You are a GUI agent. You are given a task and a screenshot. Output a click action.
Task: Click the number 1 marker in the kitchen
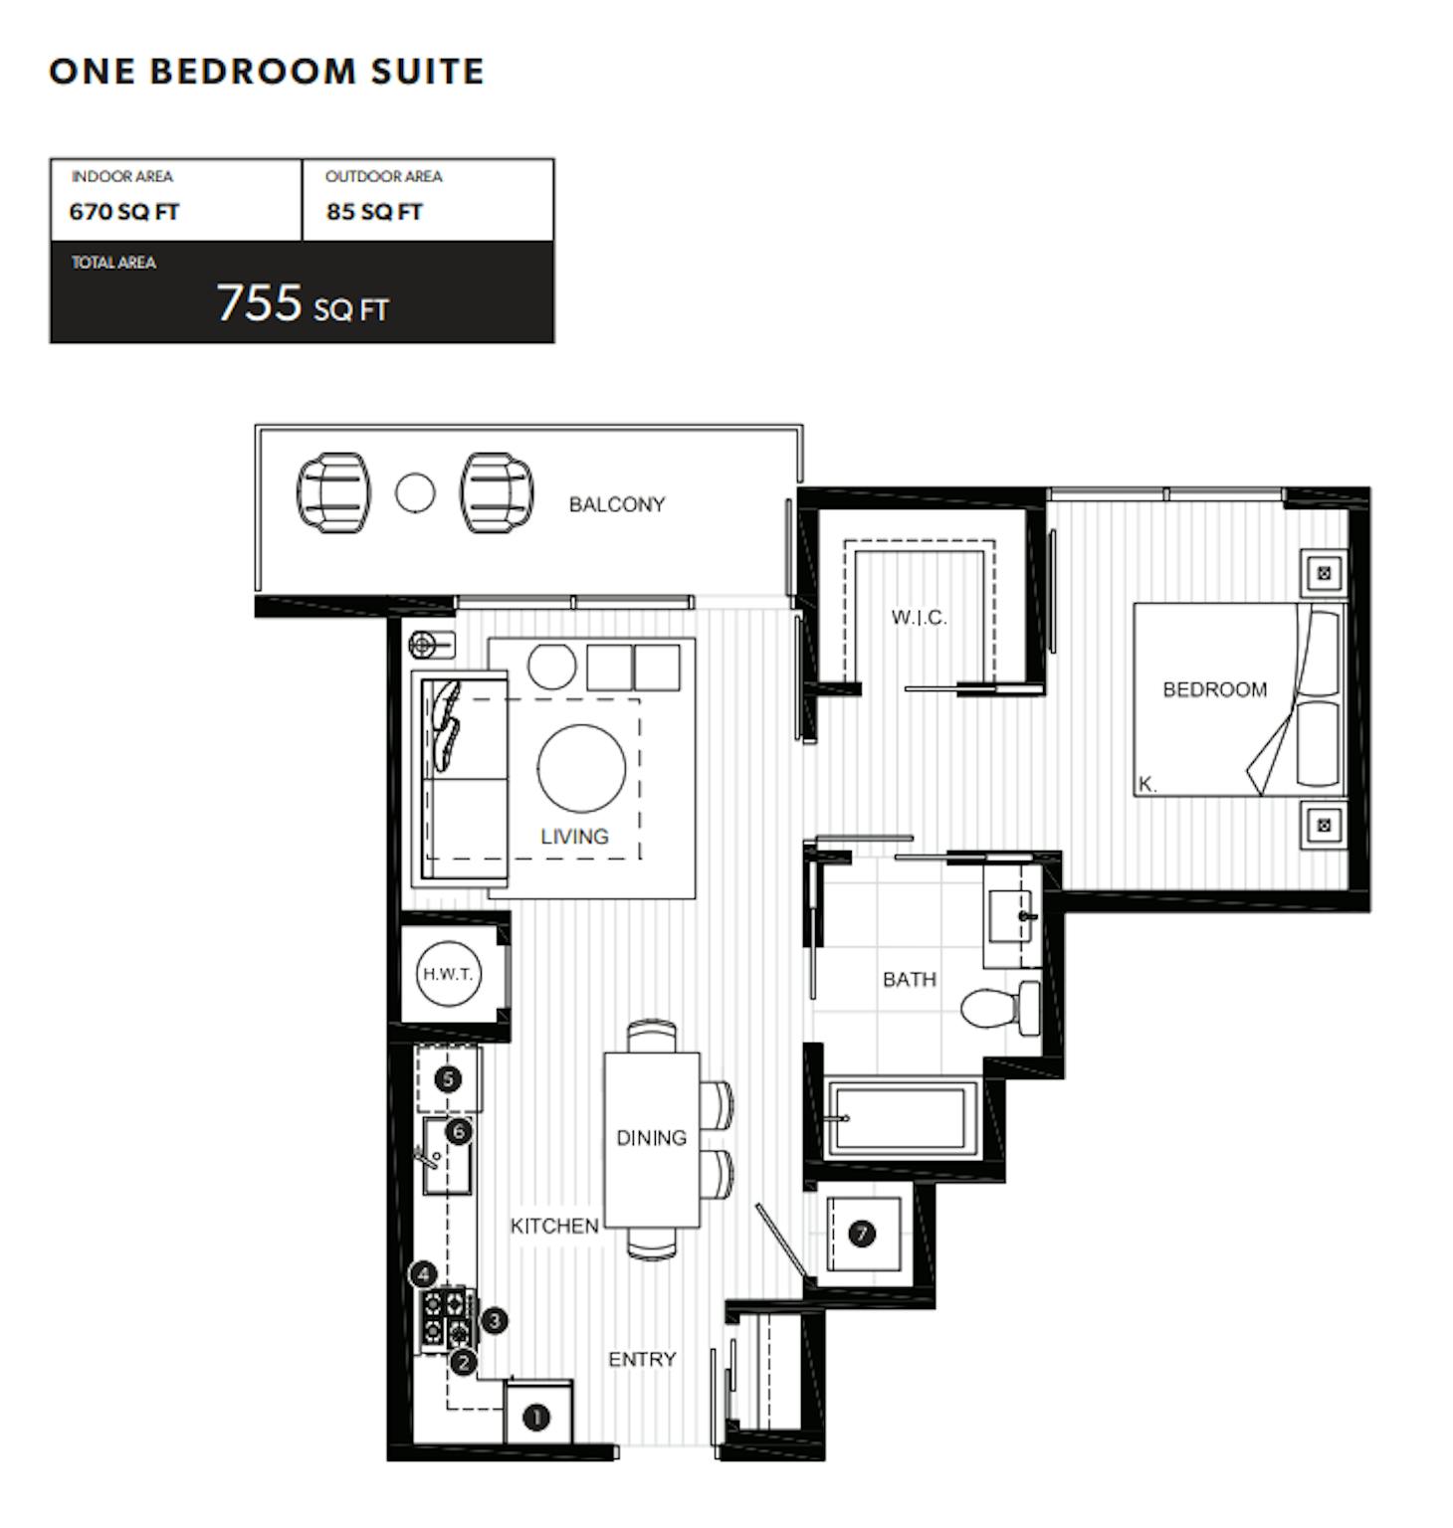[536, 1417]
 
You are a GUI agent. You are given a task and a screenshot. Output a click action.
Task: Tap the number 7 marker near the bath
[862, 1234]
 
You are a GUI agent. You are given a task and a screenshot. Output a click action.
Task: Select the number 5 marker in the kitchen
[448, 1079]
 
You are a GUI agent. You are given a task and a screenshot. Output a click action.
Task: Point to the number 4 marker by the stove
[424, 1274]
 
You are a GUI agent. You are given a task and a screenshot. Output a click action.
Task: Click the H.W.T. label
[448, 974]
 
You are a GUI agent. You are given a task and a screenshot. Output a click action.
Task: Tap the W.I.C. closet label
[919, 618]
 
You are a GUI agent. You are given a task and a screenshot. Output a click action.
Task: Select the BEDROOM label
[1215, 689]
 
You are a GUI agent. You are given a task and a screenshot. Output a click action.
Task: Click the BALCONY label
[617, 504]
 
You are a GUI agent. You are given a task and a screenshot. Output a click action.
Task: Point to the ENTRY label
[642, 1359]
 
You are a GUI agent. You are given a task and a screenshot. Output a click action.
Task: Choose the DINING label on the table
[651, 1137]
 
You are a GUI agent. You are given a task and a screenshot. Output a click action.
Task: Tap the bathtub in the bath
[896, 1118]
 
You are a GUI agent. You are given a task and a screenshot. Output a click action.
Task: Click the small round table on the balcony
[415, 492]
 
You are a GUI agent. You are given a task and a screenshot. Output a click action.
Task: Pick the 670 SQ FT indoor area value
[124, 212]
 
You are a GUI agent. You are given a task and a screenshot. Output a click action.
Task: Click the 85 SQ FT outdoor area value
[374, 212]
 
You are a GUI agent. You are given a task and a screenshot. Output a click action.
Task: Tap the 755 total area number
[260, 302]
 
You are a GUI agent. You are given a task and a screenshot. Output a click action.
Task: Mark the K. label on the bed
[1147, 784]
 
